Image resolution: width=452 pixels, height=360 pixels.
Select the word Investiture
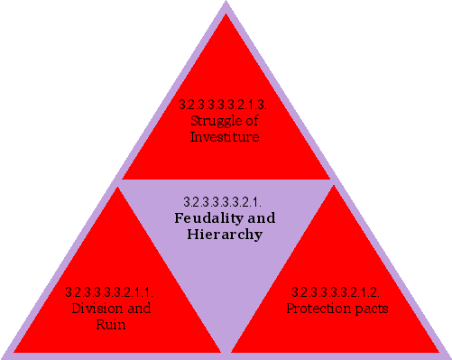click(225, 137)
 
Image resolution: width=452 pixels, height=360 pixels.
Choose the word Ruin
click(110, 324)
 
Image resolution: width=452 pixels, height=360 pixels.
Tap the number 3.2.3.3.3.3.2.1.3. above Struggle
click(225, 106)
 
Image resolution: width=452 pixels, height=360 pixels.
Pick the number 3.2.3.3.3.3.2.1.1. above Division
click(110, 292)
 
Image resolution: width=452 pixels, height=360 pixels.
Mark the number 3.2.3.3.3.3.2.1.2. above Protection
click(337, 292)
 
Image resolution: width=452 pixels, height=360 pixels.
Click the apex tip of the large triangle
click(226, 4)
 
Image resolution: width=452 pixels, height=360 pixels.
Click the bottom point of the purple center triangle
click(226, 350)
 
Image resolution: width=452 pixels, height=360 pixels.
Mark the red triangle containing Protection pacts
click(338, 280)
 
